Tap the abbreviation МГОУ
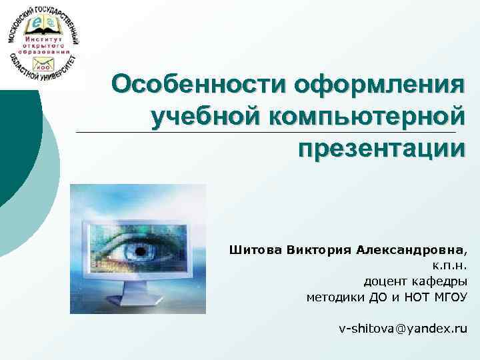(x=450, y=296)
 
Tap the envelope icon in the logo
(x=44, y=65)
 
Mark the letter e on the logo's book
(x=37, y=25)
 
